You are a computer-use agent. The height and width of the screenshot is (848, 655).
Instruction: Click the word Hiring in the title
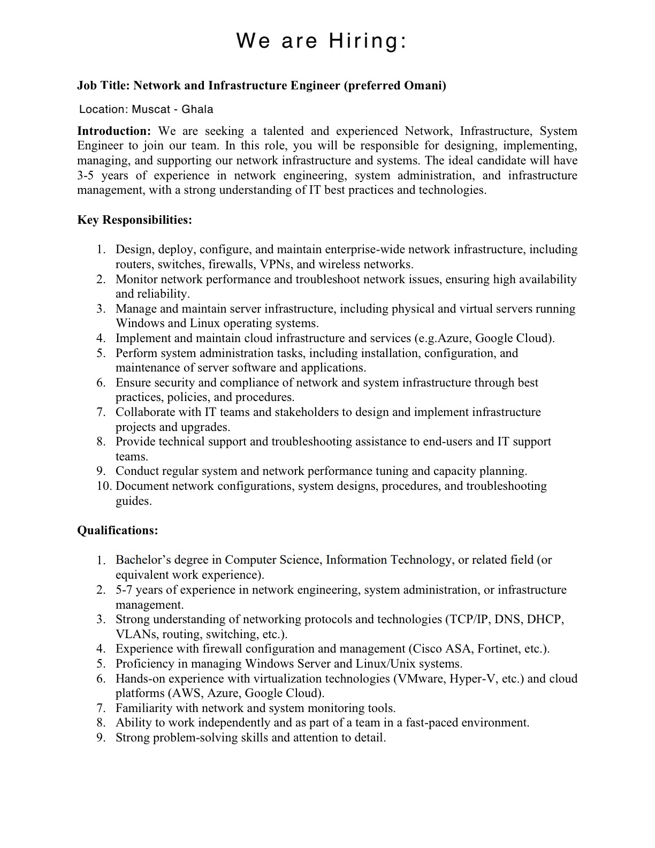(x=368, y=41)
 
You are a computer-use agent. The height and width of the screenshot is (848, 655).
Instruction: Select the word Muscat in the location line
(x=151, y=110)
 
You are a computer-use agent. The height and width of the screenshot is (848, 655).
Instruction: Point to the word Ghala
(x=197, y=110)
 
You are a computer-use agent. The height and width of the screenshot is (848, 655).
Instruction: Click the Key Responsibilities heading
(x=134, y=220)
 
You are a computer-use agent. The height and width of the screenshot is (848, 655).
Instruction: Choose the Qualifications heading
(x=118, y=531)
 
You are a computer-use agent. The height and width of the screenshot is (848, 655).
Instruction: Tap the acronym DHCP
(x=545, y=619)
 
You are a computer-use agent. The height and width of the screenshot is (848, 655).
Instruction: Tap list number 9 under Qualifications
(x=101, y=738)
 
